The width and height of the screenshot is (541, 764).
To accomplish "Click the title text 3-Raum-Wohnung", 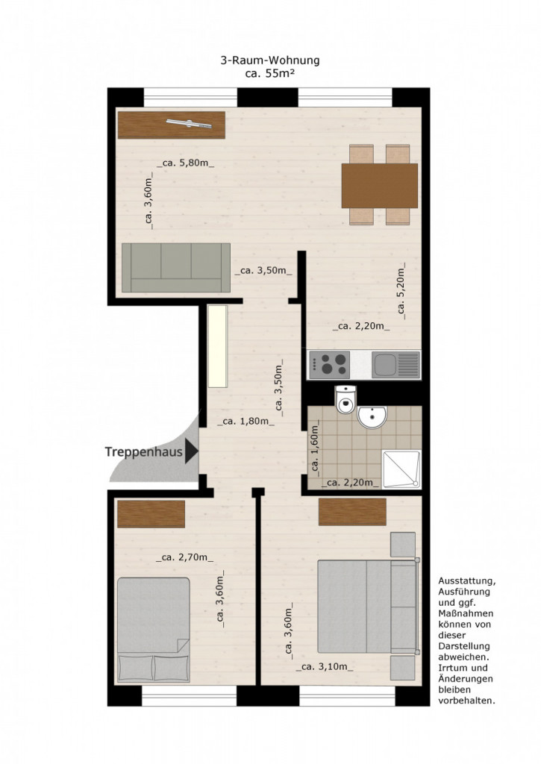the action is [270, 61].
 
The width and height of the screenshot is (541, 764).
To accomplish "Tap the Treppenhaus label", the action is [144, 451].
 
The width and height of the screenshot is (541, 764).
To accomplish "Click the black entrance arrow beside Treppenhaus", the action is [192, 451].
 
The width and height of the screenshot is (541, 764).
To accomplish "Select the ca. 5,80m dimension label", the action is [185, 163].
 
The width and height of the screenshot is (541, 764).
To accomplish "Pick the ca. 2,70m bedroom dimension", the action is [185, 557].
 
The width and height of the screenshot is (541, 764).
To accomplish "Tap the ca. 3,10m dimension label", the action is [325, 667].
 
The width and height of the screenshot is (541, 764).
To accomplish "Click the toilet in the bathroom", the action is [346, 400].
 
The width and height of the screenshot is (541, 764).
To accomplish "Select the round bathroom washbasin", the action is [372, 418].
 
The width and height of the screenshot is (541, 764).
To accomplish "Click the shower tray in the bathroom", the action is [401, 469].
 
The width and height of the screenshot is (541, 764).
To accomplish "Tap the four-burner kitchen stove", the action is [329, 365].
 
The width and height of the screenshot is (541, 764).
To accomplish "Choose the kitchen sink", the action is [395, 365].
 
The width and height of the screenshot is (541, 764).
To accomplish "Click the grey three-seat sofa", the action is [176, 268].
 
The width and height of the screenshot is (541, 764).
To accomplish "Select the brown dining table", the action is [380, 186].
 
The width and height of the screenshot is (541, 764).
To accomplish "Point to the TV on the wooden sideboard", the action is [189, 124].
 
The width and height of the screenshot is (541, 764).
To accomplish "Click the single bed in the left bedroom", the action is [154, 630].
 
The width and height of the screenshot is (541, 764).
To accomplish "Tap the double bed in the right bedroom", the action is [369, 606].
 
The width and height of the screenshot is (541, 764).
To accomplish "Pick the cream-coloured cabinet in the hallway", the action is [218, 346].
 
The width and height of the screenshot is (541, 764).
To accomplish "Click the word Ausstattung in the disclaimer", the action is [467, 581].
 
